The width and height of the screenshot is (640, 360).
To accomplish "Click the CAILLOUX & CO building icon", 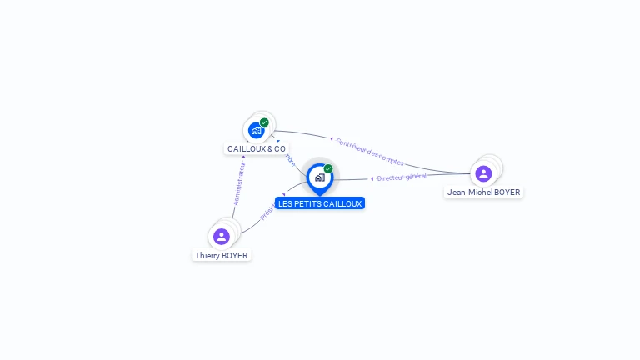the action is [x=256, y=131].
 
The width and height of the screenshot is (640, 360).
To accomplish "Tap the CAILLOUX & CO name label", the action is [x=257, y=149].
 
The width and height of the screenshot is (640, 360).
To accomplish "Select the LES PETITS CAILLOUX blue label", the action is [x=320, y=203].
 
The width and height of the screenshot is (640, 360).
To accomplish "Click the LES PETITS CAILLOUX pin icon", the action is [x=319, y=177].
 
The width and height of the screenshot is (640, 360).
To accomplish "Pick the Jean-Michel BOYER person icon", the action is [x=483, y=173].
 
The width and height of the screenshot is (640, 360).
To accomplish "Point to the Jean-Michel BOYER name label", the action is [x=483, y=192].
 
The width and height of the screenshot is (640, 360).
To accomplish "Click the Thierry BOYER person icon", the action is [x=222, y=237].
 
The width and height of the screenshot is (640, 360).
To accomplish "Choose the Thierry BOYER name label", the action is [x=222, y=256].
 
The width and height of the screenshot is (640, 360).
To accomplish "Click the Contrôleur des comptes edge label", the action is [x=370, y=151].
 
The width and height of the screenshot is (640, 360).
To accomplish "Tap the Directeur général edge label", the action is [x=402, y=177].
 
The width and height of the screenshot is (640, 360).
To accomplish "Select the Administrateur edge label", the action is [x=239, y=183].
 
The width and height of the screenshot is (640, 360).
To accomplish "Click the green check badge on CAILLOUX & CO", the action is [x=264, y=122].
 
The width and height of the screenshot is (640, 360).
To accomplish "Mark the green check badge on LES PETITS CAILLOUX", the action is [x=328, y=168].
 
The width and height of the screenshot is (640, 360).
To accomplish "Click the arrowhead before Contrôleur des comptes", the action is [x=332, y=139].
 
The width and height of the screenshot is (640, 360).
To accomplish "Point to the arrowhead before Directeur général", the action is [x=372, y=179].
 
